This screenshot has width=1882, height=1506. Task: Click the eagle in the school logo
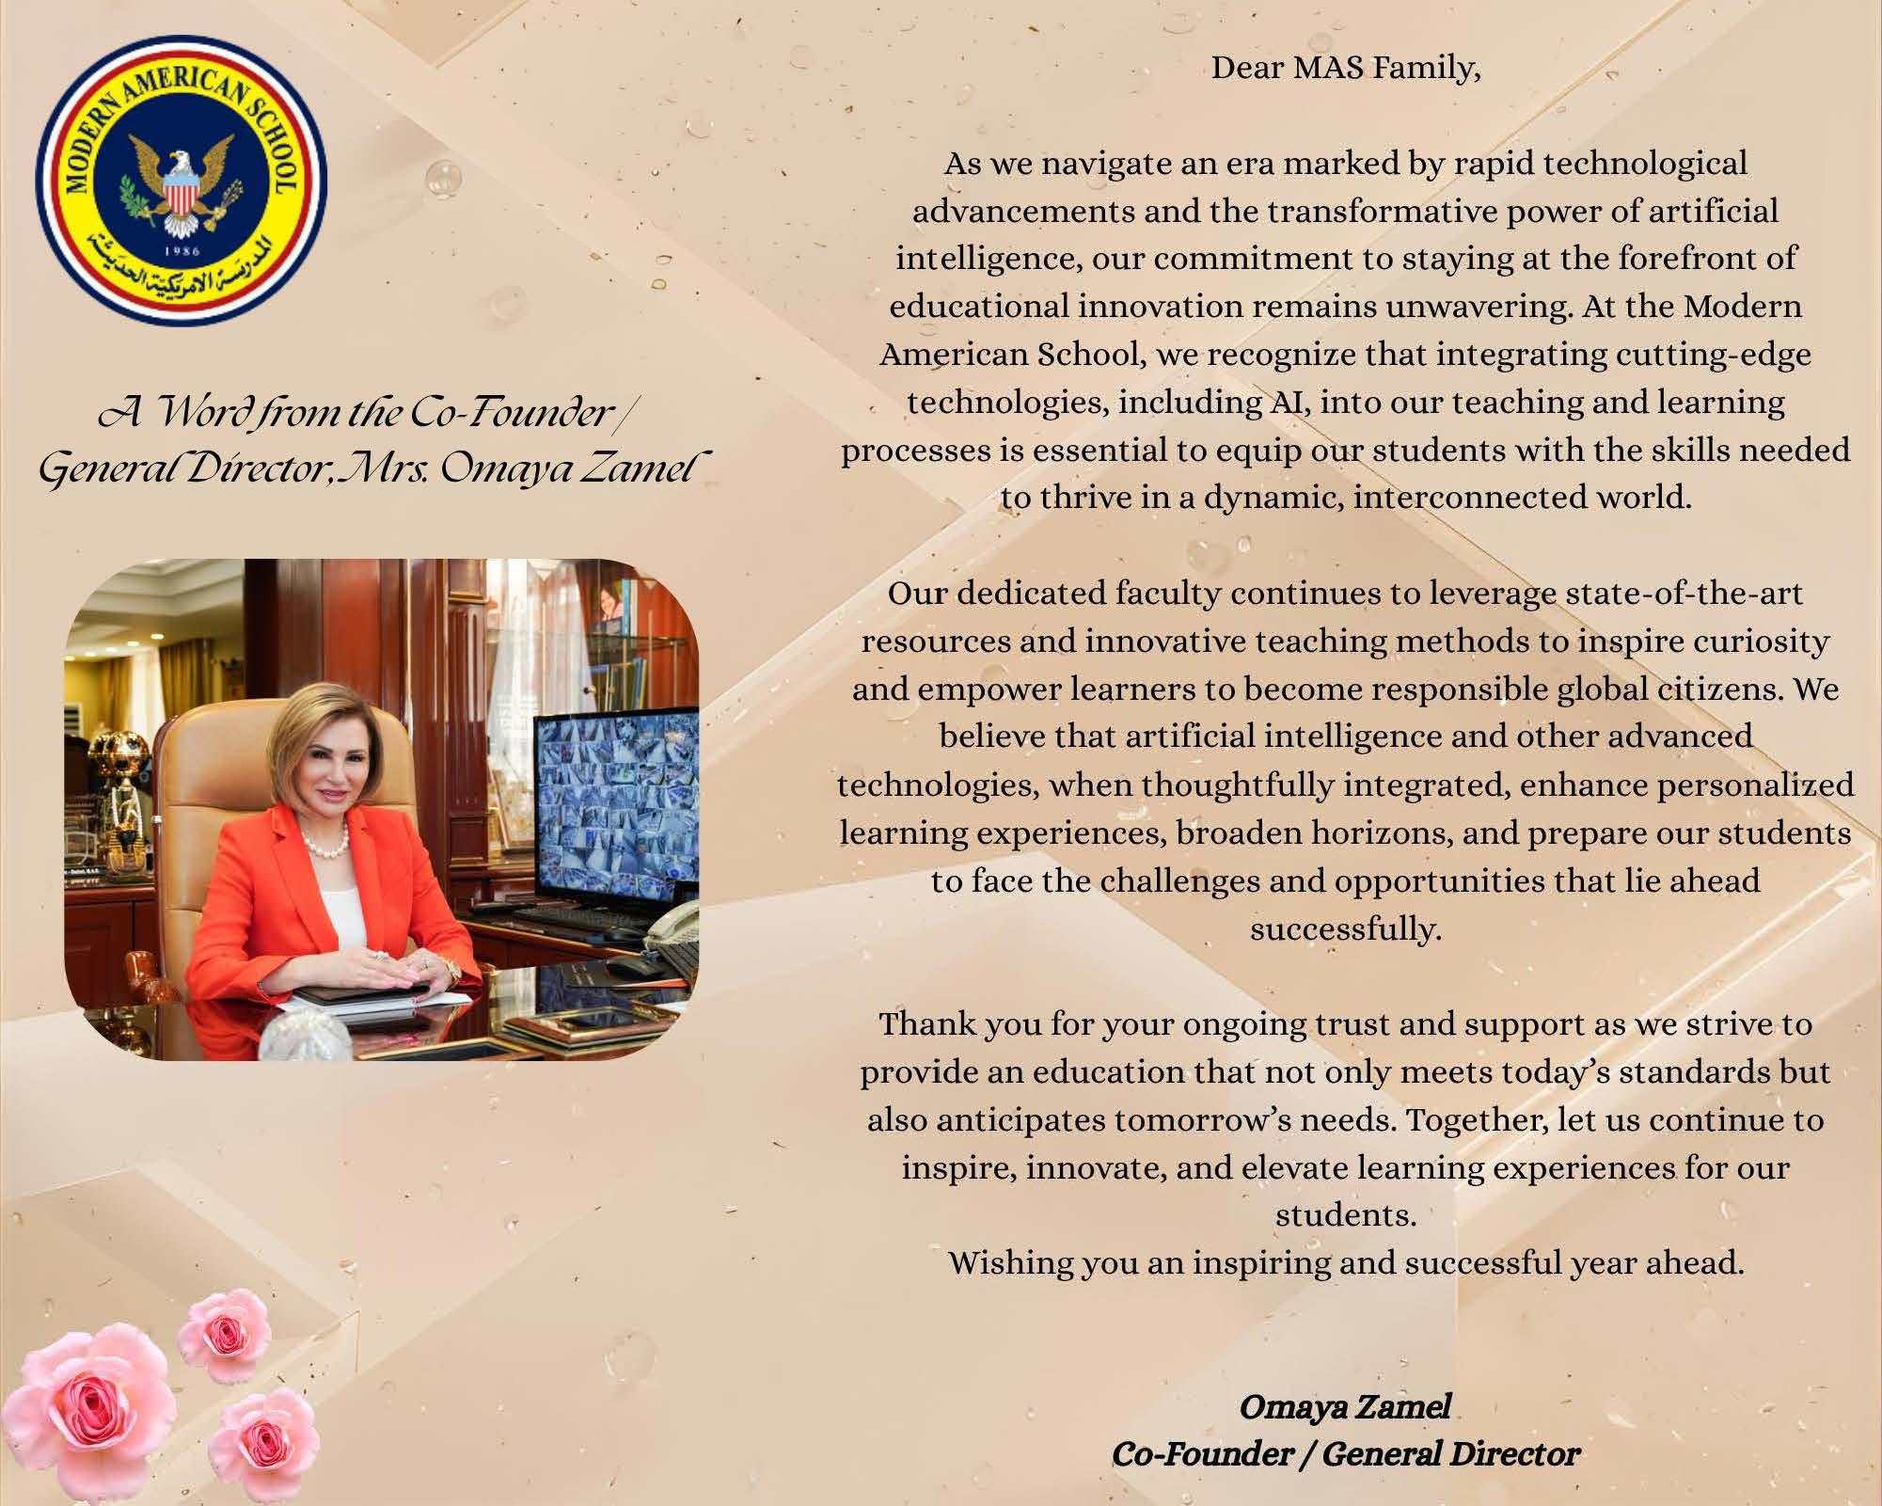pyautogui.click(x=182, y=179)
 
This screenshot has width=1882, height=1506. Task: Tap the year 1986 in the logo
pyautogui.click(x=182, y=251)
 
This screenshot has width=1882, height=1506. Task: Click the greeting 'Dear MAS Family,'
pyautogui.click(x=1345, y=69)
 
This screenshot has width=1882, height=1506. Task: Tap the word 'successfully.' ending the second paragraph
pyautogui.click(x=1345, y=929)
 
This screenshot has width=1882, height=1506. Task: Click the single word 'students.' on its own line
pyautogui.click(x=1345, y=1215)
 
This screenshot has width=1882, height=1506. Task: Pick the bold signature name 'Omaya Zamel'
pyautogui.click(x=1345, y=1407)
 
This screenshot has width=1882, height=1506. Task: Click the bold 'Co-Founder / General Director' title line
pyautogui.click(x=1345, y=1455)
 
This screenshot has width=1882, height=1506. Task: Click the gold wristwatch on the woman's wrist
pyautogui.click(x=452, y=971)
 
